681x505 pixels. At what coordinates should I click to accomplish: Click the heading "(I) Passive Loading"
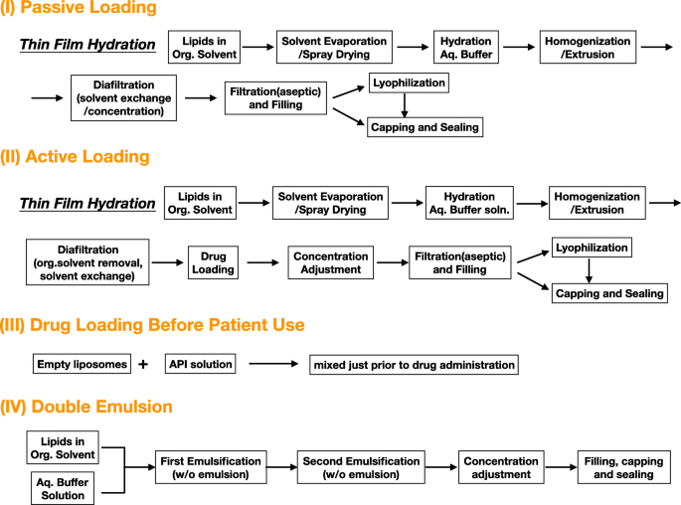pos(80,9)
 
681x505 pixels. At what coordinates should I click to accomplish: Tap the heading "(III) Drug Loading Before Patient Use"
pos(154,325)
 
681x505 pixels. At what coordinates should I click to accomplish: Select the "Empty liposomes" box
pos(82,364)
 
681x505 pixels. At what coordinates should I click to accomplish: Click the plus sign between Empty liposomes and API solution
pos(143,364)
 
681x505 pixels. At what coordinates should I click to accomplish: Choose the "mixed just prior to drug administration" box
pos(415,365)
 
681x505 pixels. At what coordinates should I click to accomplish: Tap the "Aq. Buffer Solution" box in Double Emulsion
pos(62,487)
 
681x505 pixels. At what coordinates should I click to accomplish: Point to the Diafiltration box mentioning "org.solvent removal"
pos(87,262)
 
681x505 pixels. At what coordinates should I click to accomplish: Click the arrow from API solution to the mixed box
pos(272,365)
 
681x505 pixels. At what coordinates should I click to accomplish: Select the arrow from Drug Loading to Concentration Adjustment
pos(262,262)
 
